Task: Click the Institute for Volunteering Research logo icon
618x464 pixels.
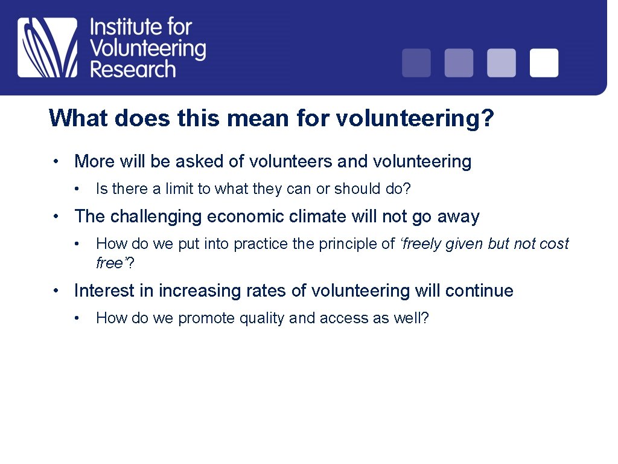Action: coord(48,47)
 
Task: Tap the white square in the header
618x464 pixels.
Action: coord(544,63)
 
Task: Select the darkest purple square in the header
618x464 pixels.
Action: coord(416,63)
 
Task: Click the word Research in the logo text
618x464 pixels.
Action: coord(133,68)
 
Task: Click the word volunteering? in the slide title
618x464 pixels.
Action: coord(415,118)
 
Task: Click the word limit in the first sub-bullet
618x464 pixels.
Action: coord(177,189)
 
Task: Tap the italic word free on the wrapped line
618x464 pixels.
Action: coord(109,263)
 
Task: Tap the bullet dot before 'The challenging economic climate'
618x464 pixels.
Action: coord(55,216)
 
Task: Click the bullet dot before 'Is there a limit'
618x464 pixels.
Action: coord(77,190)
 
